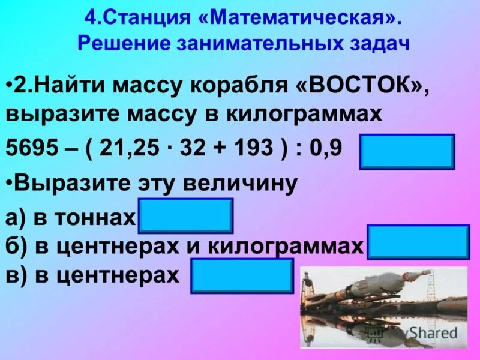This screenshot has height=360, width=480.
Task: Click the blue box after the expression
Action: point(407,152)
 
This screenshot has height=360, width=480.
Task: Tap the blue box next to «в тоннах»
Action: point(186,216)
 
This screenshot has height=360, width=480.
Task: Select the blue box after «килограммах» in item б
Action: point(418,242)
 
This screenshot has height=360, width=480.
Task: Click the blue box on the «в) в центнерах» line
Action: point(242,276)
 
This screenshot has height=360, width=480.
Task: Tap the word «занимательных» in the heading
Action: point(267,44)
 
